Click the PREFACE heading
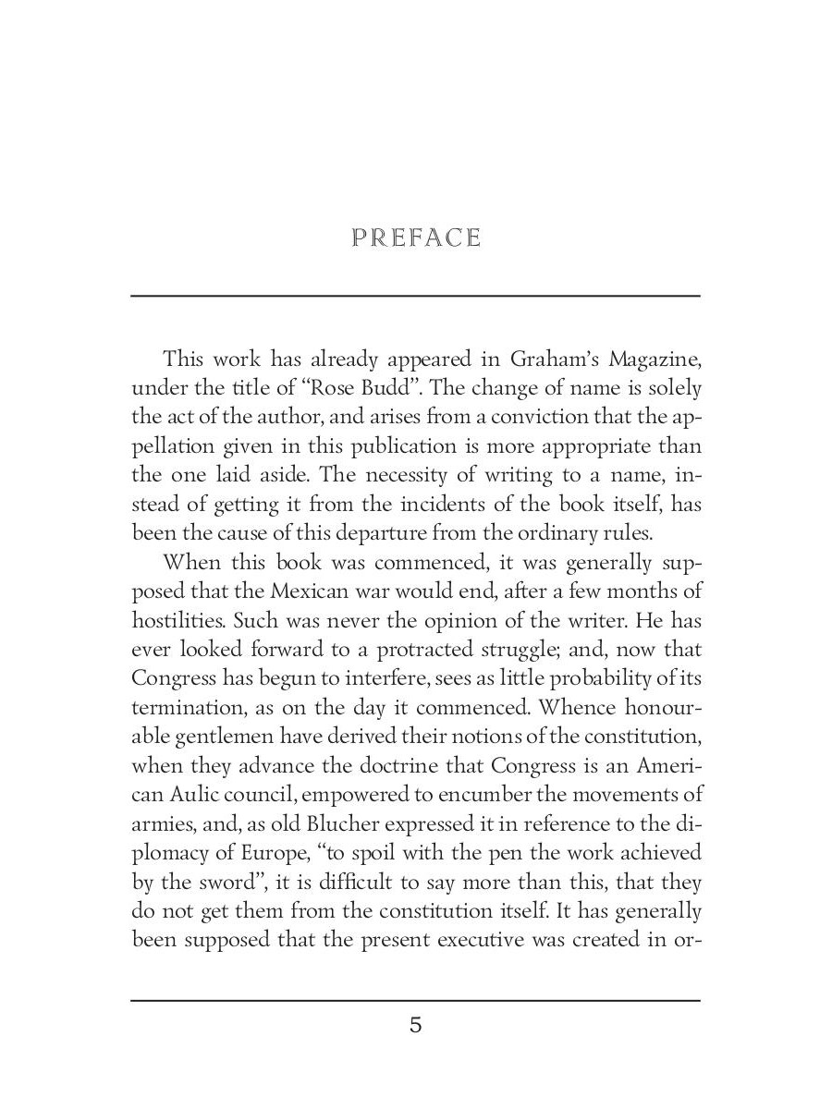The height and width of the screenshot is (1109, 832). pos(416,238)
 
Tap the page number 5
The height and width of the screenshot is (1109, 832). pos(416,1025)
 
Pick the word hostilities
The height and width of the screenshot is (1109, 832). pos(175,621)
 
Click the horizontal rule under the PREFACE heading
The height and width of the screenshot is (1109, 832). pos(416,296)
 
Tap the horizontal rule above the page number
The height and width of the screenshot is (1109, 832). pos(416,1000)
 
